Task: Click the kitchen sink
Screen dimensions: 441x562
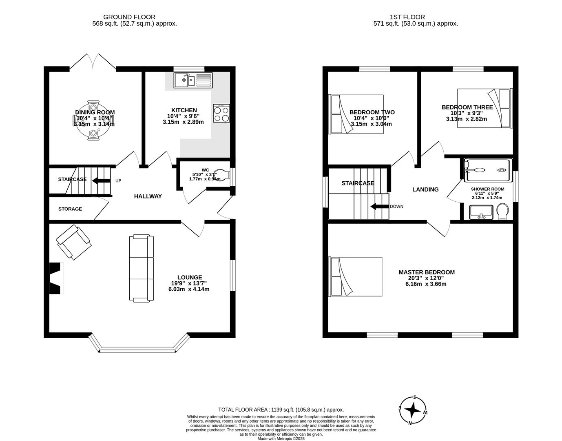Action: pyautogui.click(x=193, y=80)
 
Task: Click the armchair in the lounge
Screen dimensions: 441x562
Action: pyautogui.click(x=74, y=242)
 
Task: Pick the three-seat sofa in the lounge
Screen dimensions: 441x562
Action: pyautogui.click(x=142, y=268)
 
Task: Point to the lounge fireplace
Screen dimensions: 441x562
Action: pyautogui.click(x=57, y=278)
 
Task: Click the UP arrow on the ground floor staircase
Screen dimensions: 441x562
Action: pyautogui.click(x=101, y=180)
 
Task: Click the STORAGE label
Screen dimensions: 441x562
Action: pyautogui.click(x=70, y=209)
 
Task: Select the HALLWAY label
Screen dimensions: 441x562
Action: pyautogui.click(x=148, y=196)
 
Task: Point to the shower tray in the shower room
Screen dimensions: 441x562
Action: pyautogui.click(x=487, y=170)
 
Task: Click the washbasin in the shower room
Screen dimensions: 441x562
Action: pyautogui.click(x=481, y=212)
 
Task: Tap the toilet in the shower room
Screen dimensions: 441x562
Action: pyautogui.click(x=503, y=212)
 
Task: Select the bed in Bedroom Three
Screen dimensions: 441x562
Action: pyautogui.click(x=484, y=108)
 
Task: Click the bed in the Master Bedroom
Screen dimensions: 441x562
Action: pyautogui.click(x=355, y=276)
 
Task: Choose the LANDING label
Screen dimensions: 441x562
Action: pyautogui.click(x=425, y=189)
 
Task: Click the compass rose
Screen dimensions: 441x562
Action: pyautogui.click(x=414, y=410)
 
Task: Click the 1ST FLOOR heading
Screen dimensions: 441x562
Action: pyautogui.click(x=407, y=17)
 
